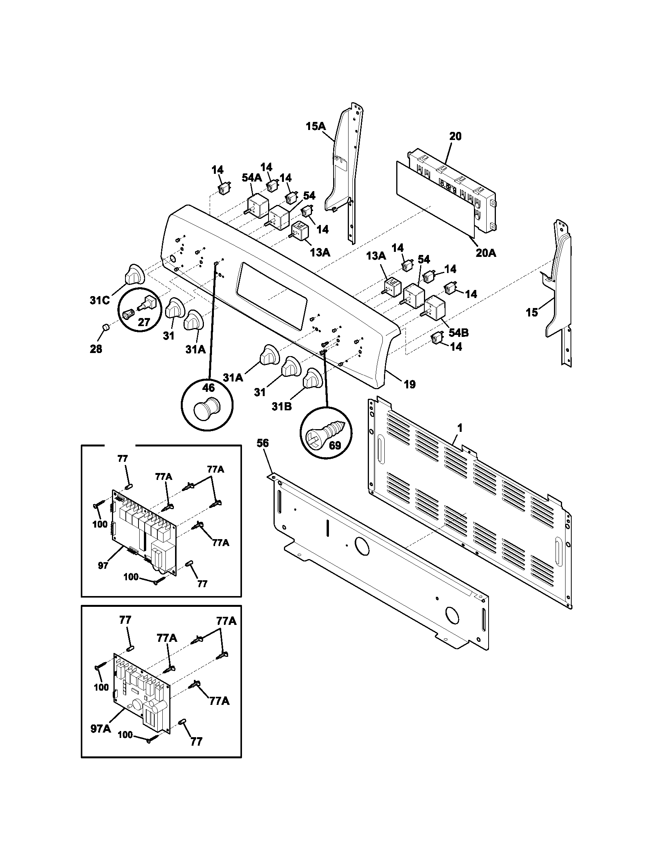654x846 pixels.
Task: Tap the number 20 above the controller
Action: tap(455, 137)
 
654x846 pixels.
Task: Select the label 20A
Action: tap(486, 253)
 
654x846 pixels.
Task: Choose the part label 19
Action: tap(410, 385)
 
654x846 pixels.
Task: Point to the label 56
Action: tap(262, 443)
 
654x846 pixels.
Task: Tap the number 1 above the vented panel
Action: tap(459, 428)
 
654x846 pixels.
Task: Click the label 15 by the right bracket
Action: tap(532, 312)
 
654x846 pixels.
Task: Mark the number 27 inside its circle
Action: tap(144, 322)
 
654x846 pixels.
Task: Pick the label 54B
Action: tap(459, 332)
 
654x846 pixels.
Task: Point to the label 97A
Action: tap(101, 729)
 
